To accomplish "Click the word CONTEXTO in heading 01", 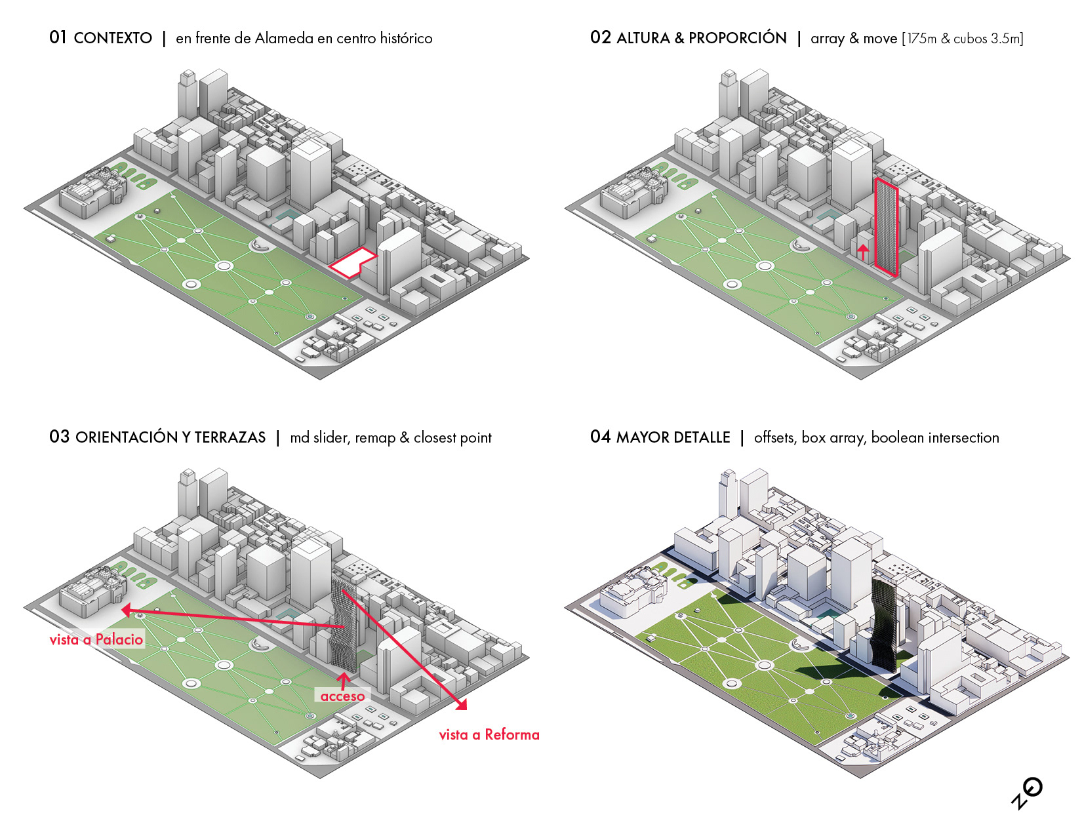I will tap(113, 38).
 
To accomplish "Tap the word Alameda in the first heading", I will tap(284, 38).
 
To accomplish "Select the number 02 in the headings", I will tap(600, 37).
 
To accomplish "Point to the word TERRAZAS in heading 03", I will tap(230, 437).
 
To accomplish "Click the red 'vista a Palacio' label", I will tap(96, 639).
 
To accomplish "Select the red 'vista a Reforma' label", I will tap(489, 734).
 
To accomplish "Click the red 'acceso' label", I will tap(342, 696).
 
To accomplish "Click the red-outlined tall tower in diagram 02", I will tap(886, 226).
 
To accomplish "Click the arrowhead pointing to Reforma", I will tap(462, 705).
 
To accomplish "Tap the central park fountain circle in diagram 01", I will tap(224, 266).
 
